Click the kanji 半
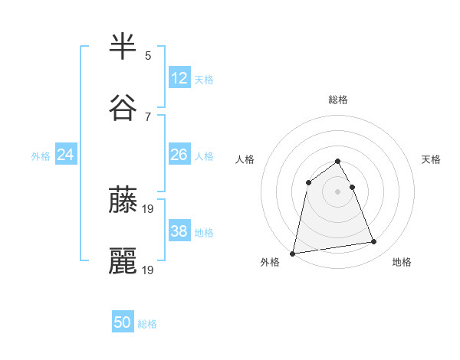[x=123, y=47]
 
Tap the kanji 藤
[x=123, y=200]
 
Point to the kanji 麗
[x=123, y=261]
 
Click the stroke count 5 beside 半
[x=148, y=56]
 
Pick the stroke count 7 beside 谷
[x=148, y=117]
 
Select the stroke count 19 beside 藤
[x=149, y=208]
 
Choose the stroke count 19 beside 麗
[x=149, y=270]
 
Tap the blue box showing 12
[x=179, y=78]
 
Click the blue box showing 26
[x=179, y=155]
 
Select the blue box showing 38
[x=179, y=231]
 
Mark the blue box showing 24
[x=66, y=155]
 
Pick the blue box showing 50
[x=123, y=323]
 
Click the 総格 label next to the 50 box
[x=147, y=324]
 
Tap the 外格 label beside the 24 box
[x=41, y=155]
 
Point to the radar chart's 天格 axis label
[x=431, y=159]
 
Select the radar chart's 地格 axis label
[x=402, y=262]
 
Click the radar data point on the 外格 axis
[x=293, y=253]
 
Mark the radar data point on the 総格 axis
[x=337, y=161]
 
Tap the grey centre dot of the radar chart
[x=337, y=191]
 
